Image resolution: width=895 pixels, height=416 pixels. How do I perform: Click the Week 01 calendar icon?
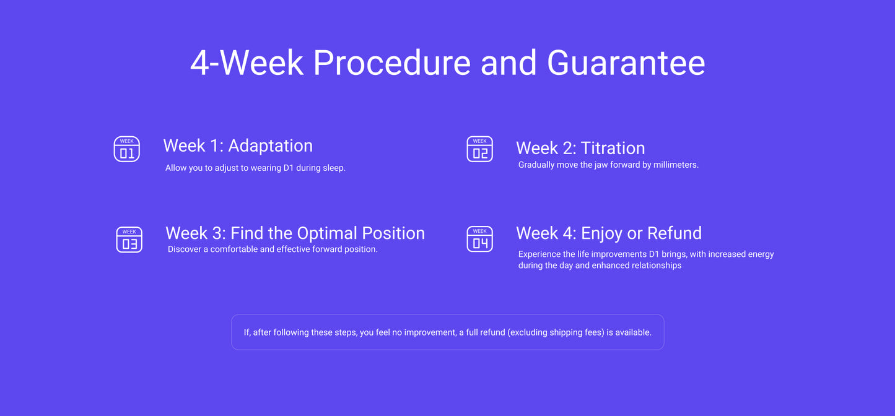click(126, 149)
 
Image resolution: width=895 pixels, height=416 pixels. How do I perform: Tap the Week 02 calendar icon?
click(479, 149)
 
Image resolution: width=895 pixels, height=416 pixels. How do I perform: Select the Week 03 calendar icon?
click(129, 240)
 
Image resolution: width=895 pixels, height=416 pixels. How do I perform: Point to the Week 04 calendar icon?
click(479, 239)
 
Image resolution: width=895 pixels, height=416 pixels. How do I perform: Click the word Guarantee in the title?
click(626, 63)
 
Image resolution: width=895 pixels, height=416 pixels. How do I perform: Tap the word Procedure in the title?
click(391, 63)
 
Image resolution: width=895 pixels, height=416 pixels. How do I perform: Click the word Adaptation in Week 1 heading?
click(271, 146)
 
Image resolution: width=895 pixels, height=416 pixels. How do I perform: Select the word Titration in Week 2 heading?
click(613, 148)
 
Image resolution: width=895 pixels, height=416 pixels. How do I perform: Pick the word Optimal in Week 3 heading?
click(327, 233)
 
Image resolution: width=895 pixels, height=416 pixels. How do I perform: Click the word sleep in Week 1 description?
click(334, 168)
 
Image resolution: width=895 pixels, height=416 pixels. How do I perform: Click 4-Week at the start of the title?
click(247, 63)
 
